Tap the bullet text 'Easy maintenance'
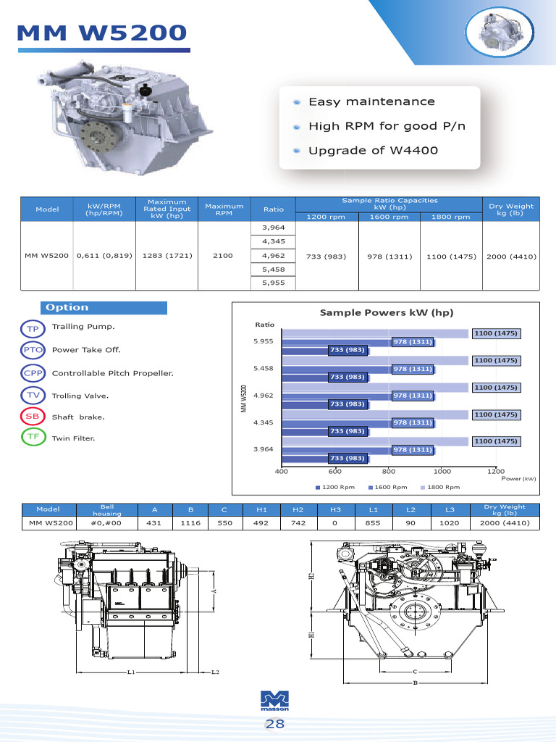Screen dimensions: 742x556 click(x=371, y=102)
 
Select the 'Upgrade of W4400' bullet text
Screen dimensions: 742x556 click(x=373, y=151)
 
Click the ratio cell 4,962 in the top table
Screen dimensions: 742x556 click(x=274, y=256)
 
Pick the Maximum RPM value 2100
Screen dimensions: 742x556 click(x=223, y=256)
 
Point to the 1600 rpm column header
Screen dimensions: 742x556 click(x=389, y=217)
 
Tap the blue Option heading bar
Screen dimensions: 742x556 click(x=104, y=307)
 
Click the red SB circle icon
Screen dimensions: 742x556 click(x=33, y=417)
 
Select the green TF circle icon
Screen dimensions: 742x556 click(x=33, y=438)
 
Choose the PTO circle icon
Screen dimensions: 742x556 click(x=33, y=350)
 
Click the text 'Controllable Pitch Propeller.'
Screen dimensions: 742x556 click(x=113, y=373)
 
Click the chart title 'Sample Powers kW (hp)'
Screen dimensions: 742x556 click(x=387, y=312)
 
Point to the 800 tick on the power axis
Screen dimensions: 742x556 click(x=389, y=471)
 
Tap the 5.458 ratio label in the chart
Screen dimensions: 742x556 click(x=264, y=368)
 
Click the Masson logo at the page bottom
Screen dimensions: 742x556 click(x=274, y=701)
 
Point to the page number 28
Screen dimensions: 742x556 click(x=274, y=724)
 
